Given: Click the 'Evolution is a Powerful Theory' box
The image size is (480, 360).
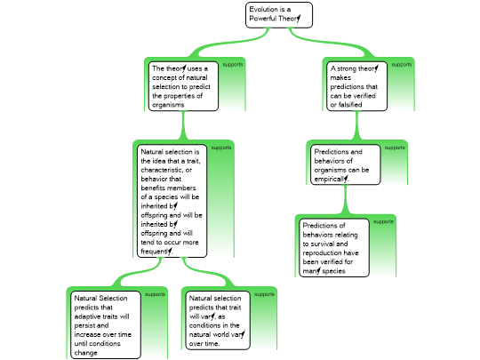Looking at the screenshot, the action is pos(279,15).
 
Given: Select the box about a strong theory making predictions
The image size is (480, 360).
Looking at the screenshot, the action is pos(356,86).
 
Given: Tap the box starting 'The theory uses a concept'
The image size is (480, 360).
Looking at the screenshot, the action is pos(183,86).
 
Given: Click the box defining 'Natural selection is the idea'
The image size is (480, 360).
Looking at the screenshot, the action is pos(172,201).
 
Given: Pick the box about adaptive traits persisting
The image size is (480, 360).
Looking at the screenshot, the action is pos(106,324).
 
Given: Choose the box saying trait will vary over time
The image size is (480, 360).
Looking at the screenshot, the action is pos(218,320).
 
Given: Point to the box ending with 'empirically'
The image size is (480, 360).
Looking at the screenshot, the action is pos(345,164).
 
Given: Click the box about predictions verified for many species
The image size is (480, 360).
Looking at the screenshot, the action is pos(334,248).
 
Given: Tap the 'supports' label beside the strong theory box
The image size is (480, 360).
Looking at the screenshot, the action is pos(401,65).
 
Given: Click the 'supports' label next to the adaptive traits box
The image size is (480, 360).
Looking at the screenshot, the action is pos(155,294).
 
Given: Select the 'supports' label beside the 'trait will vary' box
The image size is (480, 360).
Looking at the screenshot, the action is pos(264,294).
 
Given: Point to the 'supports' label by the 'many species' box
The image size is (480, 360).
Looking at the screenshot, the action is pos(383,221).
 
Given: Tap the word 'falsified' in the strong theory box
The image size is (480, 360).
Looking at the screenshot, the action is pos(350,105).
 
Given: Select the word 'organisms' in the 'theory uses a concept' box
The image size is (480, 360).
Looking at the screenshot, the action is pos(168,105).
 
